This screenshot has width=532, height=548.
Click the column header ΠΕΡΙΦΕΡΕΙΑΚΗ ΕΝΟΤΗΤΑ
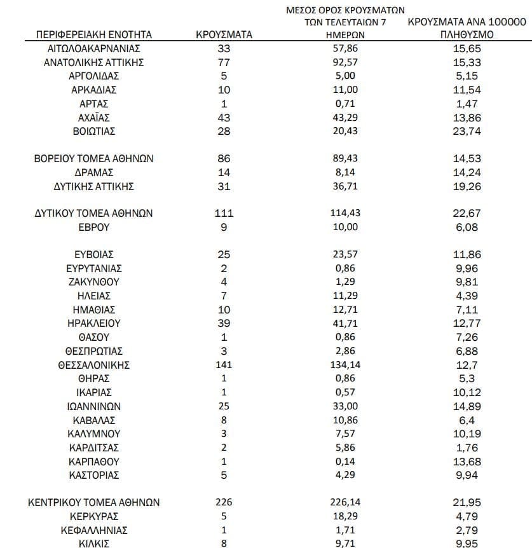pyautogui.click(x=94, y=35)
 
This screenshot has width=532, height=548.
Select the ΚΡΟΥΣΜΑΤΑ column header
pyautogui.click(x=224, y=35)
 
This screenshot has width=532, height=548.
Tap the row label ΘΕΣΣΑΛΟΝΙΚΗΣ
pyautogui.click(x=94, y=365)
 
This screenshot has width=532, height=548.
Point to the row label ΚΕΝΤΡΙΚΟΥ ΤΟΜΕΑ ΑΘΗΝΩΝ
pyautogui.click(x=94, y=502)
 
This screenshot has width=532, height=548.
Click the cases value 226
pyautogui.click(x=224, y=502)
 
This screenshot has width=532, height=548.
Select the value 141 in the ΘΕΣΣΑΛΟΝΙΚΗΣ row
pyautogui.click(x=224, y=365)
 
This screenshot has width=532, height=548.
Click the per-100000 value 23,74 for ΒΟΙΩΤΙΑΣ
pyautogui.click(x=466, y=132)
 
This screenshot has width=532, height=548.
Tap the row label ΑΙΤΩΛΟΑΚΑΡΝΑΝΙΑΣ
pyautogui.click(x=94, y=48)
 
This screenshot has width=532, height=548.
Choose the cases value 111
pyautogui.click(x=224, y=214)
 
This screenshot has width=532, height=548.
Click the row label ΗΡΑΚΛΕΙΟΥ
pyautogui.click(x=94, y=324)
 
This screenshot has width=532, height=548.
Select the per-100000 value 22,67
pyautogui.click(x=466, y=214)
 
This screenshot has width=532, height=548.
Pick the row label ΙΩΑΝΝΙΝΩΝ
pyautogui.click(x=94, y=406)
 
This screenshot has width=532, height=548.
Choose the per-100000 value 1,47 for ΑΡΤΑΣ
pyautogui.click(x=466, y=104)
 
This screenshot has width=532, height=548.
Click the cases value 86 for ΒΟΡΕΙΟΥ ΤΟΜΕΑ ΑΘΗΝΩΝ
pyautogui.click(x=224, y=159)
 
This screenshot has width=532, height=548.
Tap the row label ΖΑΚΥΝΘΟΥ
pyautogui.click(x=94, y=282)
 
